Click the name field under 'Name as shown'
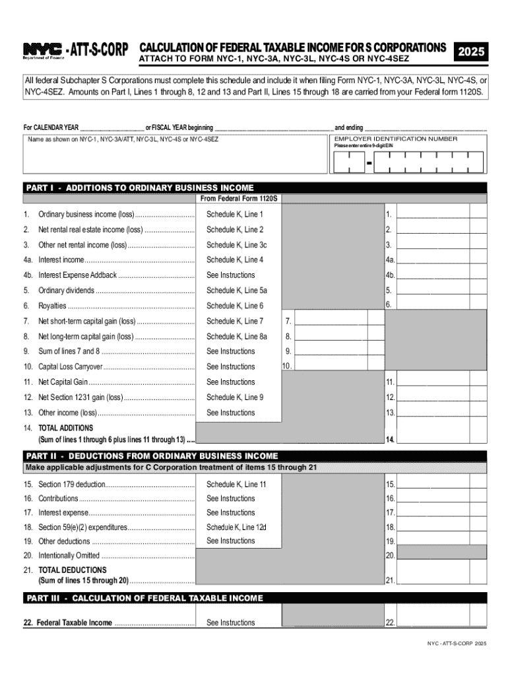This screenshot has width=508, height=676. pyautogui.click(x=175, y=159)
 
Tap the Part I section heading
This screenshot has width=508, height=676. pyautogui.click(x=139, y=187)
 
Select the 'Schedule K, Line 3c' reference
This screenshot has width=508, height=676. pyautogui.click(x=236, y=245)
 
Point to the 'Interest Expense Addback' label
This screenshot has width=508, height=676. pyautogui.click(x=77, y=275)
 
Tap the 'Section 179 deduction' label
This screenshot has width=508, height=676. pyautogui.click(x=71, y=485)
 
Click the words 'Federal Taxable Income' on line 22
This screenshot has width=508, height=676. pyautogui.click(x=74, y=623)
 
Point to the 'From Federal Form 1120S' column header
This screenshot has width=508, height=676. pyautogui.click(x=239, y=198)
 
